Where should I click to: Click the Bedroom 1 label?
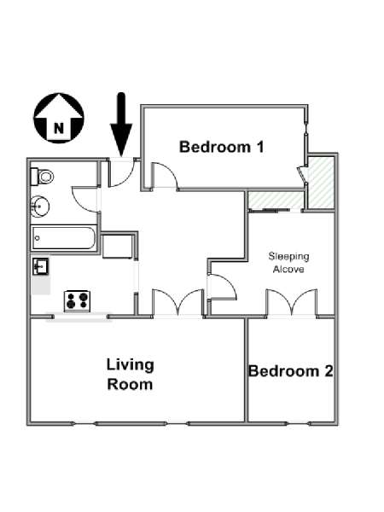222,147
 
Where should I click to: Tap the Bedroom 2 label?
291,371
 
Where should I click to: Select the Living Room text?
130,375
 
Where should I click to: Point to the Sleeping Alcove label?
288,263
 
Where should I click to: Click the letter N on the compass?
59,128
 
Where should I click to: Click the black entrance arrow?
121,125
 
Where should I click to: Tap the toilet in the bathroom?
42,177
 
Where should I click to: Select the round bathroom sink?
40,207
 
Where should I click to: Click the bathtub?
64,238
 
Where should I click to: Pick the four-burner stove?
77,300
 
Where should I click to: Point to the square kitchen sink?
40,266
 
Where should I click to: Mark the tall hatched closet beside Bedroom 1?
322,183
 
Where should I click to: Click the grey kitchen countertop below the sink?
41,285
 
